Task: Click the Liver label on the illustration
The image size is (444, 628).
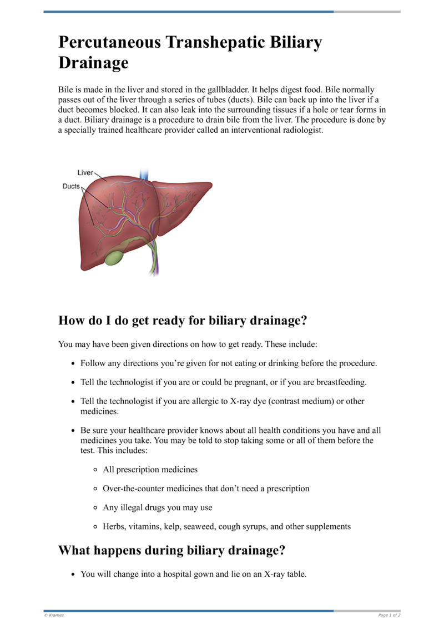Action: pos(85,173)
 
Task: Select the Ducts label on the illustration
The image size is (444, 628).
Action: pos(71,187)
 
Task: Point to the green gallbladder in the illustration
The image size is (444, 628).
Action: pos(115,258)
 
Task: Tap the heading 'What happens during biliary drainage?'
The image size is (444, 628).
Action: pos(172,551)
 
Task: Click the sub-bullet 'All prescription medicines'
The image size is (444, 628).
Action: pos(150,470)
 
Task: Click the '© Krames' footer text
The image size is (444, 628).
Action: pos(53,615)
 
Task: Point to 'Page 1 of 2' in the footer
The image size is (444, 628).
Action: pos(389,615)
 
